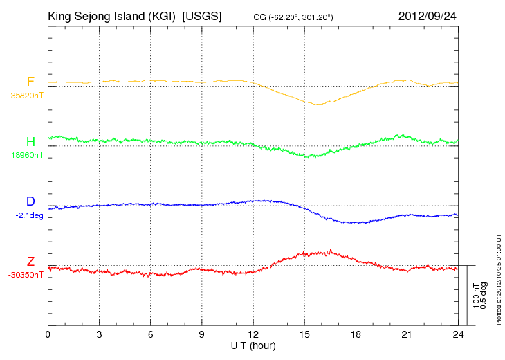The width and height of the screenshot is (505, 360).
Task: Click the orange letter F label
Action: [x=30, y=82]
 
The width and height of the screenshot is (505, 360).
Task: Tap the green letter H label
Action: [x=30, y=142]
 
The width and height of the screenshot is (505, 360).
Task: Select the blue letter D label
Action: [x=30, y=201]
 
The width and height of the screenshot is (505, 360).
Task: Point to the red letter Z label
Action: [x=30, y=262]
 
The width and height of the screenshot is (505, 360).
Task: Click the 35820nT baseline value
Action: [x=27, y=96]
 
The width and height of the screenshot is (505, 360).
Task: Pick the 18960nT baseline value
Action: [x=27, y=155]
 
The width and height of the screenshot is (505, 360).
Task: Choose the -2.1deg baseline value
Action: [x=29, y=215]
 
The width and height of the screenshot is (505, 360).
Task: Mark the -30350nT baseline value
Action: [x=26, y=275]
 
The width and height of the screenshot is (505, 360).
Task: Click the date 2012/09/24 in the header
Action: [x=427, y=16]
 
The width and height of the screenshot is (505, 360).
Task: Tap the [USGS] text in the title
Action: [x=202, y=16]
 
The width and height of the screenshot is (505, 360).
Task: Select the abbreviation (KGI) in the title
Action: [x=162, y=16]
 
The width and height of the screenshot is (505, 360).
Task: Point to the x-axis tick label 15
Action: [x=304, y=334]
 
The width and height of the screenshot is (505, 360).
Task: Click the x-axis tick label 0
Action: [x=48, y=334]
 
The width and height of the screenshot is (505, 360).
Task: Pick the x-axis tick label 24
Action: [x=458, y=334]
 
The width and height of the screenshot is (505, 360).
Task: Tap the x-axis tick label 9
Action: [x=201, y=334]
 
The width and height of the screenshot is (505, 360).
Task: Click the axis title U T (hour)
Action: [x=253, y=346]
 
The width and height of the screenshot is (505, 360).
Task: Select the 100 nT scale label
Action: [x=477, y=296]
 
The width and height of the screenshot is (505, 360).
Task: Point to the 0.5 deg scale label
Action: [x=484, y=296]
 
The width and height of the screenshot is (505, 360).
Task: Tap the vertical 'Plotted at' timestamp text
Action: [x=499, y=279]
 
